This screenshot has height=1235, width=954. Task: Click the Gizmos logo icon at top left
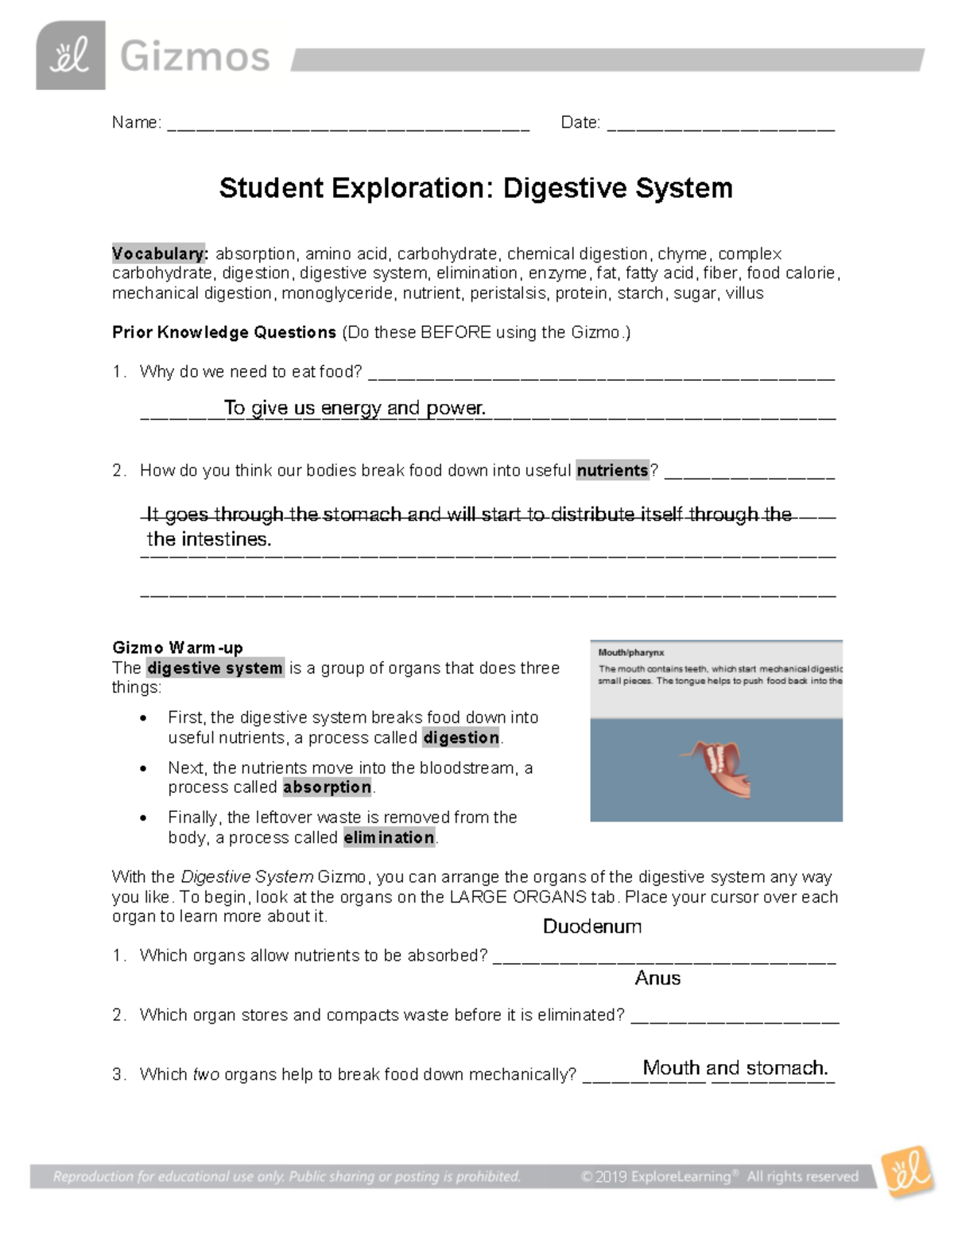tap(71, 56)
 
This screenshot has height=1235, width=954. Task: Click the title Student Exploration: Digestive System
tap(475, 188)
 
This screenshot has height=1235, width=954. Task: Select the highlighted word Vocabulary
tap(159, 254)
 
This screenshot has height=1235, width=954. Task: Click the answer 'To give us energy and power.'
tap(355, 408)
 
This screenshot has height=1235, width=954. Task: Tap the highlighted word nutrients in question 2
tap(612, 471)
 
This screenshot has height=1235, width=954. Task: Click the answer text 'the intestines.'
tap(209, 539)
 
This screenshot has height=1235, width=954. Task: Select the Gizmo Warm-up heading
tap(177, 647)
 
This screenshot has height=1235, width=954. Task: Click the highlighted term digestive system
tap(215, 668)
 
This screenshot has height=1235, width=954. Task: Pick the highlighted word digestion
tap(461, 738)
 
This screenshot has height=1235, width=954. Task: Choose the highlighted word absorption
tap(327, 787)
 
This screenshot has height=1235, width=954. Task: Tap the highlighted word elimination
tap(389, 837)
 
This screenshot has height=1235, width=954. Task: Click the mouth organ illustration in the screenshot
tap(717, 768)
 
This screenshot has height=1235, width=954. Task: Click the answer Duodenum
tap(591, 926)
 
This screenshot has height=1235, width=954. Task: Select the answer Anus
tap(657, 978)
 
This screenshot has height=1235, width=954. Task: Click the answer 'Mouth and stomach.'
tap(735, 1068)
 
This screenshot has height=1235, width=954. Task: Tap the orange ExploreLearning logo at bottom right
tap(906, 1171)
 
